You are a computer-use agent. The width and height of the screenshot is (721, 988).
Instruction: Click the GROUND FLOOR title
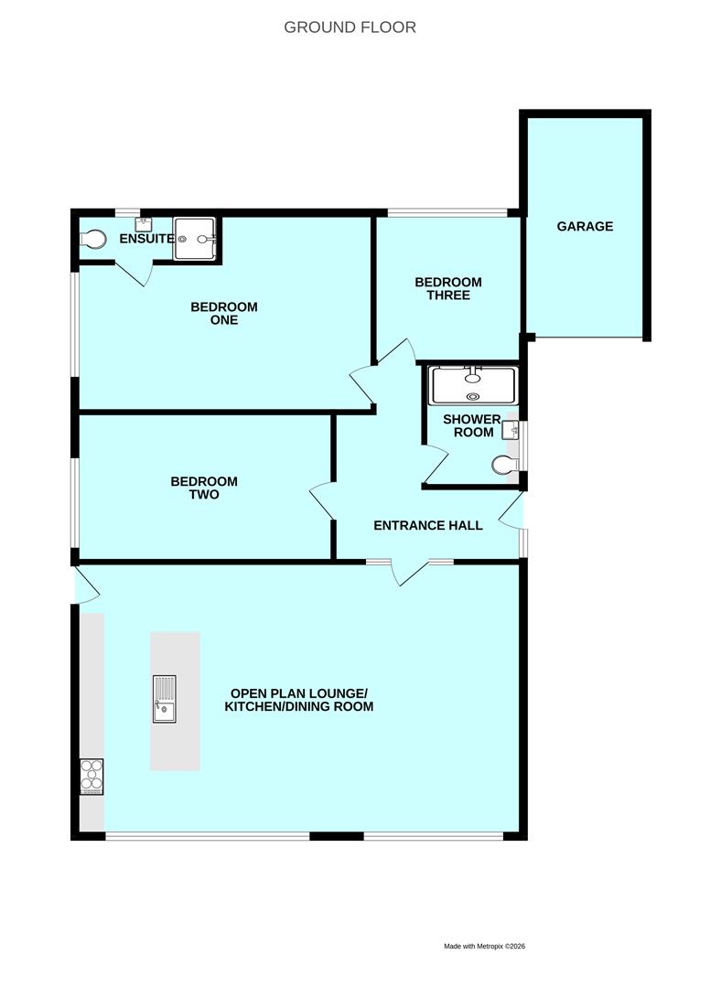tap(350, 27)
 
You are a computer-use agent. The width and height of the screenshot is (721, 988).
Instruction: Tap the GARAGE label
tap(585, 226)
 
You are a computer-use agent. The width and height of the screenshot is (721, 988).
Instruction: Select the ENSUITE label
tap(146, 239)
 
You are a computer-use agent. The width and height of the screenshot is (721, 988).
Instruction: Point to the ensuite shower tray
tap(195, 239)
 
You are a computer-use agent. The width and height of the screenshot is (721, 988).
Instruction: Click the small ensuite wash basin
tap(144, 224)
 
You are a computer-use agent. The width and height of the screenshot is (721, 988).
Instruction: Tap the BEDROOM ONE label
tap(224, 313)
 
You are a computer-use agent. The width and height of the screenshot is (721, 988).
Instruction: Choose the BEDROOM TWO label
tap(204, 488)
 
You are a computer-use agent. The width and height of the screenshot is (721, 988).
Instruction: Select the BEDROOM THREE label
tap(448, 288)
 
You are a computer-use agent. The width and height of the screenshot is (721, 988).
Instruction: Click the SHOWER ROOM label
tap(472, 426)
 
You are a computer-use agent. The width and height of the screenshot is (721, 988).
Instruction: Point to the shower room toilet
tap(505, 465)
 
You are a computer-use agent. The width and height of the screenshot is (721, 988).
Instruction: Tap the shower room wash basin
tap(510, 430)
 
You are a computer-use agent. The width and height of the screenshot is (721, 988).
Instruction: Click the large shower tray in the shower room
tap(473, 386)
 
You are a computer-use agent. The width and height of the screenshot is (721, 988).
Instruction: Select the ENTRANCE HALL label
tap(428, 525)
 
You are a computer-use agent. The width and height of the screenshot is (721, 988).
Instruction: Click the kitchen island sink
tap(165, 700)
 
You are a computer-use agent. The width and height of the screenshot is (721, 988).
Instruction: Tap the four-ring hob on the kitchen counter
tap(92, 777)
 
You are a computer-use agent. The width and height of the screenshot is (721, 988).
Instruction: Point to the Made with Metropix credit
tap(485, 946)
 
